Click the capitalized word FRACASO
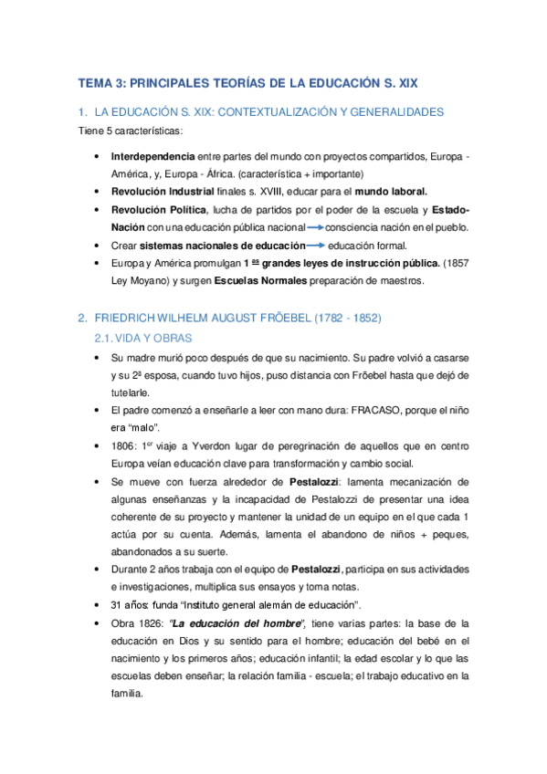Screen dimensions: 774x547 coord(368,410)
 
